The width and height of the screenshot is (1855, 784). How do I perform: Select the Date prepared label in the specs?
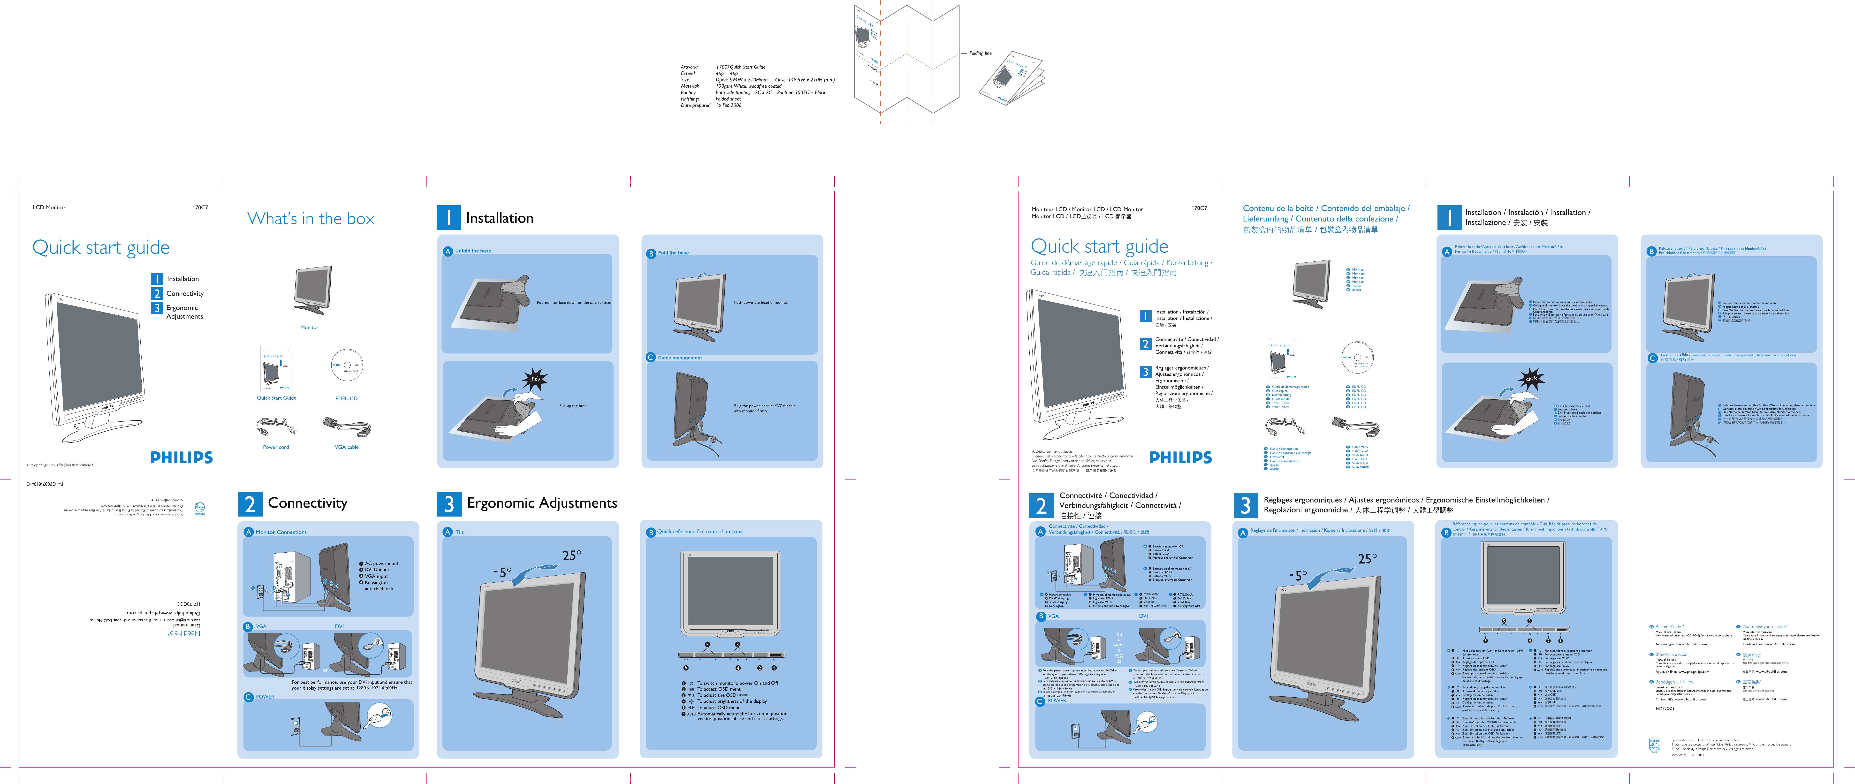(696, 105)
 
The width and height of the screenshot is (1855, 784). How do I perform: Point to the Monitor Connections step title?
(281, 532)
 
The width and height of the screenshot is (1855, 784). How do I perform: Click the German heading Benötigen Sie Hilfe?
(1673, 682)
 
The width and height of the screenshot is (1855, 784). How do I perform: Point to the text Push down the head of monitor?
(761, 302)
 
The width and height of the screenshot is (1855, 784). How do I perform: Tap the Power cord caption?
(276, 447)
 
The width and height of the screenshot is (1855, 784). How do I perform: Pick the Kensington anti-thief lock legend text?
(378, 585)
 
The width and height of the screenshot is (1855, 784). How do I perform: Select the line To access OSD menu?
(719, 689)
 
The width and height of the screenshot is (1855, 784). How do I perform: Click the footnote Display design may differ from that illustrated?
(60, 465)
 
